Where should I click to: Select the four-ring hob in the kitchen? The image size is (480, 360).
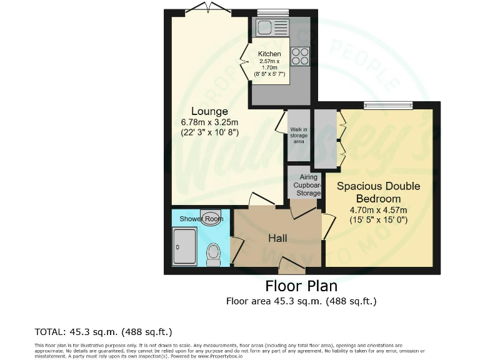(x=300, y=56)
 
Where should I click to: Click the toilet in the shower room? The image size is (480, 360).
(x=213, y=254)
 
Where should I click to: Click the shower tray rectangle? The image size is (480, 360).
(x=184, y=247)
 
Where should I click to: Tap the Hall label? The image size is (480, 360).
(x=277, y=238)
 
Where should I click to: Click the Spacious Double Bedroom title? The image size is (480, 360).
(x=378, y=192)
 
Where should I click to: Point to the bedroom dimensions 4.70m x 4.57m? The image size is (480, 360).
(x=378, y=214)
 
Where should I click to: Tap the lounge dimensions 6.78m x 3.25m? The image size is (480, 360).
(x=209, y=127)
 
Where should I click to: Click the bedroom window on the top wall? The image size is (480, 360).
(x=388, y=105)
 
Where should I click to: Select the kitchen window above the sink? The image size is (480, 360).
(x=272, y=12)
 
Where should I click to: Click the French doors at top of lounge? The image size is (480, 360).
(x=209, y=9)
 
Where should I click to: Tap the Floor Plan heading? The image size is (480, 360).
(x=301, y=286)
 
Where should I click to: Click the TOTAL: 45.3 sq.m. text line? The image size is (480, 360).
(x=103, y=331)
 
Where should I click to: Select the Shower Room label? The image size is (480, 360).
(x=201, y=219)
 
